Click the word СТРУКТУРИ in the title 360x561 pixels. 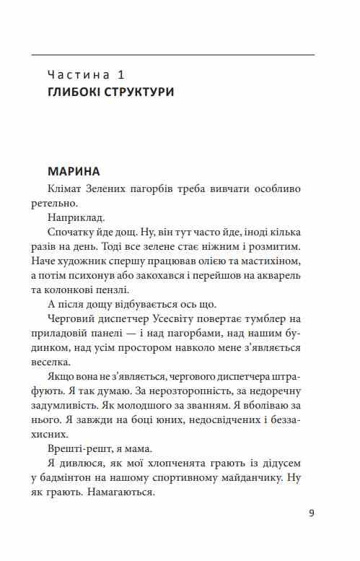tap(141, 93)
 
